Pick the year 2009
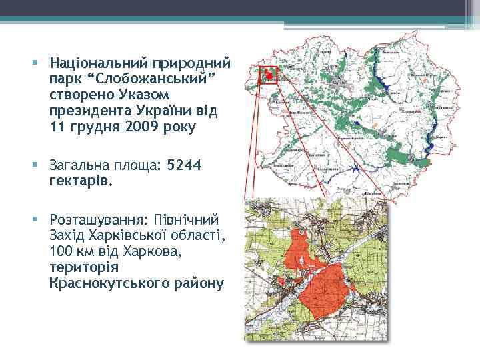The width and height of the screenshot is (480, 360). pyautogui.click(x=133, y=125)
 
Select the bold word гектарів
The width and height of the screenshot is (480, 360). pyautogui.click(x=80, y=179)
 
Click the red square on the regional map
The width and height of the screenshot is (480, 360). pyautogui.click(x=269, y=74)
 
